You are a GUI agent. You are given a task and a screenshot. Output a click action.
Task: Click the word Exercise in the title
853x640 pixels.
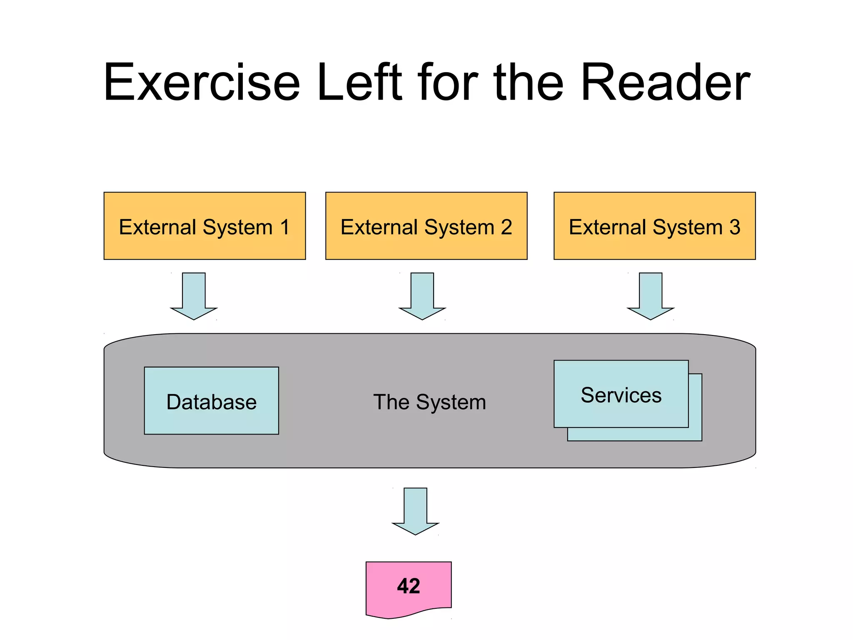tap(202, 82)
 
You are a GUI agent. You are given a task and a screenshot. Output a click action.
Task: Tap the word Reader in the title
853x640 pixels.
tap(665, 82)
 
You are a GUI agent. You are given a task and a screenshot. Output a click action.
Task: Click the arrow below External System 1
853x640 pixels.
tap(194, 296)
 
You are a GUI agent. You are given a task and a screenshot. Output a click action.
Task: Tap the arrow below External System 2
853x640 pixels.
tap(422, 296)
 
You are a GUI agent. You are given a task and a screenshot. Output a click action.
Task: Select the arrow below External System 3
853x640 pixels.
tap(651, 296)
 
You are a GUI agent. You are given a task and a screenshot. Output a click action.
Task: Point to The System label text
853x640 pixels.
tap(429, 402)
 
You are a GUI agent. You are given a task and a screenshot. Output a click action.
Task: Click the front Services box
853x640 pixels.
tap(621, 412)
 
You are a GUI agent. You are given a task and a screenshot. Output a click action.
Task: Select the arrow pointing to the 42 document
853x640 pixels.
tap(415, 511)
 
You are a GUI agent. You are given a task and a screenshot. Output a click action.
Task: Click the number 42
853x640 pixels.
tap(408, 586)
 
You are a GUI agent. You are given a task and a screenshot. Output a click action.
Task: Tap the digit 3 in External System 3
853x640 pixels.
tap(735, 227)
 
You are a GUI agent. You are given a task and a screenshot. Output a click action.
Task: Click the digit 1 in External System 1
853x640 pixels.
tap(285, 227)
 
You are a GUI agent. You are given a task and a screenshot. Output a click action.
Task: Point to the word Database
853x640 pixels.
tap(211, 402)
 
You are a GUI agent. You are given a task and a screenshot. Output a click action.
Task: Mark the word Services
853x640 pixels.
tap(621, 395)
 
